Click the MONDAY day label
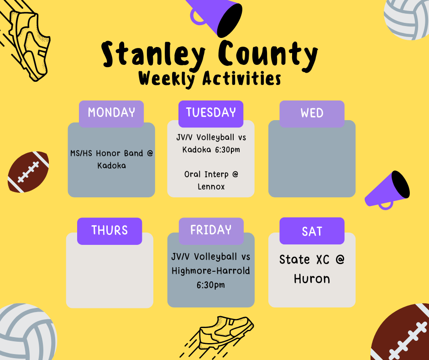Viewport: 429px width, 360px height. [111, 113]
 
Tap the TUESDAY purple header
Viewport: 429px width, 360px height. [211, 113]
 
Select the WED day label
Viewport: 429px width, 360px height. [312, 113]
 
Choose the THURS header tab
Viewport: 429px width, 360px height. [110, 230]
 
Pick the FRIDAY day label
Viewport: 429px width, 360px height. [211, 230]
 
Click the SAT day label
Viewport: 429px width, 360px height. [312, 231]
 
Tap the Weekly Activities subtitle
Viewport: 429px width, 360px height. [209, 79]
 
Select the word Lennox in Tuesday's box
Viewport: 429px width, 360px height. [211, 186]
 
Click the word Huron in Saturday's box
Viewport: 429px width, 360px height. [312, 278]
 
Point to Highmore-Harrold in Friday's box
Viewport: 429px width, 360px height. [211, 271]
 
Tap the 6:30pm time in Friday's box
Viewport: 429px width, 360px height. [211, 285]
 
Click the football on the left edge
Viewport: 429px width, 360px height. [28, 171]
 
